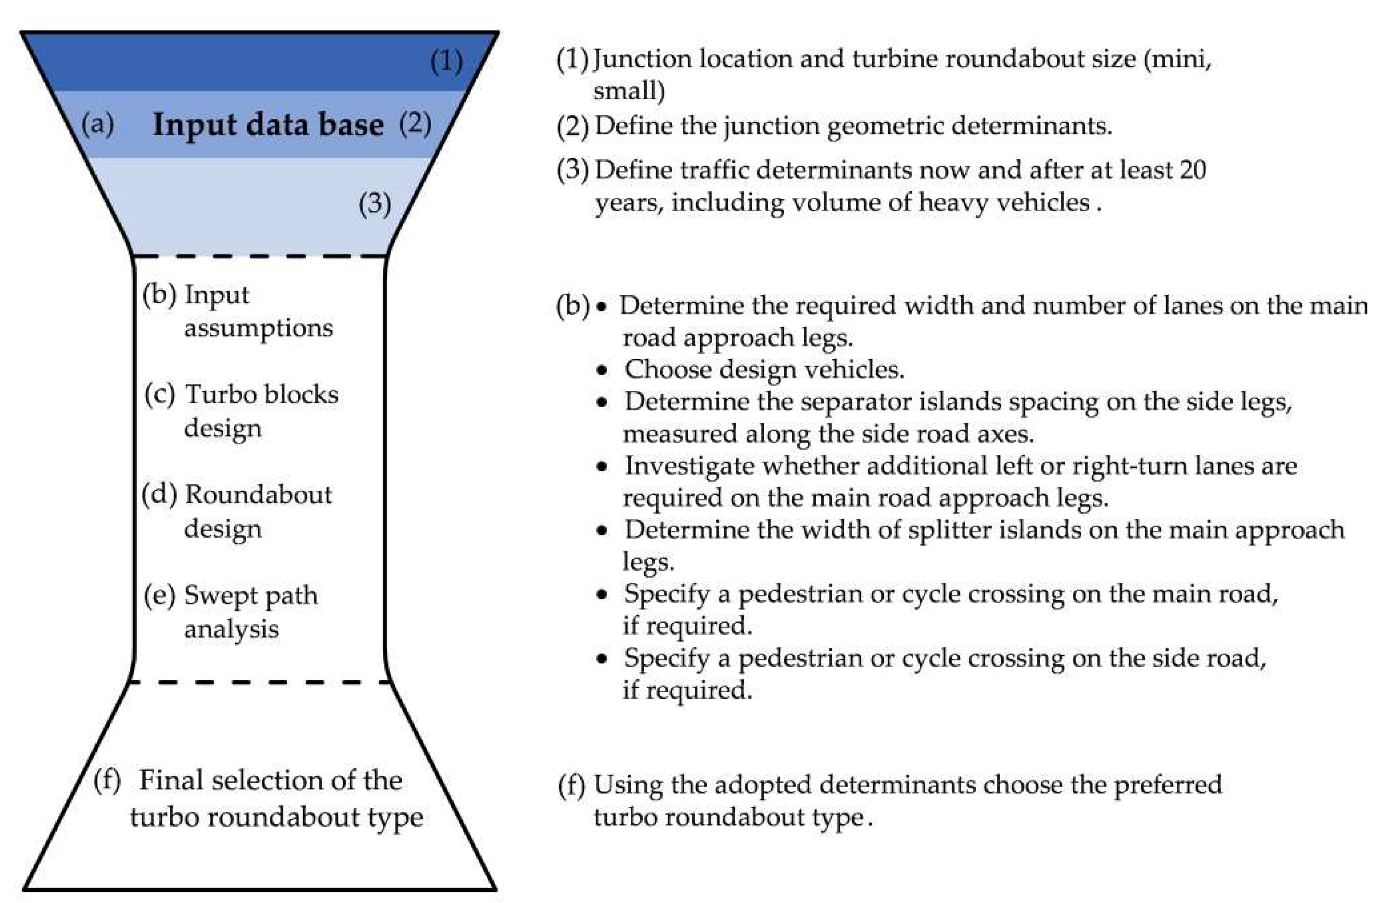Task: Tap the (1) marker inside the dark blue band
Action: tap(446, 61)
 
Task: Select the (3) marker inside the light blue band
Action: tap(375, 204)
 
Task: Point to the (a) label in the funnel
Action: tap(98, 124)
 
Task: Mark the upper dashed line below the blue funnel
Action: tap(260, 256)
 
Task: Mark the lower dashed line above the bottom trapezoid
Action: tap(260, 681)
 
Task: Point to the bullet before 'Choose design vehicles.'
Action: tap(602, 370)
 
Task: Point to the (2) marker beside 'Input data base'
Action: tap(415, 124)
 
